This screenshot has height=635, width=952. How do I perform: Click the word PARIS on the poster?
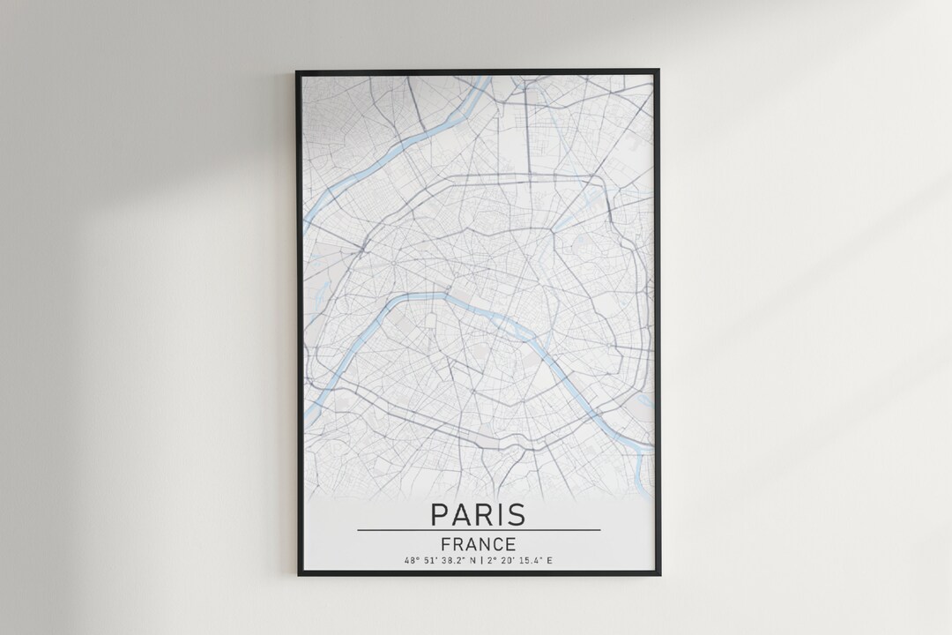pos(478,514)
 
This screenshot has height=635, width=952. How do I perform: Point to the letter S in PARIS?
pos(516,514)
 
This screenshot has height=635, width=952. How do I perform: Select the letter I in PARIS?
pos(498,514)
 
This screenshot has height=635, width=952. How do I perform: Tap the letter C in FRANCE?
pos(498,544)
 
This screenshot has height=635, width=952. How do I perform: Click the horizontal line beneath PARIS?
pos(478,530)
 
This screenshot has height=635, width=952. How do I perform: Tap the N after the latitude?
pos(472,561)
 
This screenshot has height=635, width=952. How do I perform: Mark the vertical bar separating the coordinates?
pos(481,561)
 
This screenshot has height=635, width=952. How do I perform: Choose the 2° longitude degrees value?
pos(492,561)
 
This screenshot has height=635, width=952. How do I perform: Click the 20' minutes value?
pos(508,561)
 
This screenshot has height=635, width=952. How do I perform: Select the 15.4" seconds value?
pos(530,561)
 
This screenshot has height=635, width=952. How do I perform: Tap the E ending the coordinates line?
pos(550,561)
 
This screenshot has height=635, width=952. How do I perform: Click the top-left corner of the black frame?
pos(298,71)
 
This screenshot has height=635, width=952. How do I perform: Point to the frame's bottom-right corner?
pos(658,574)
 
